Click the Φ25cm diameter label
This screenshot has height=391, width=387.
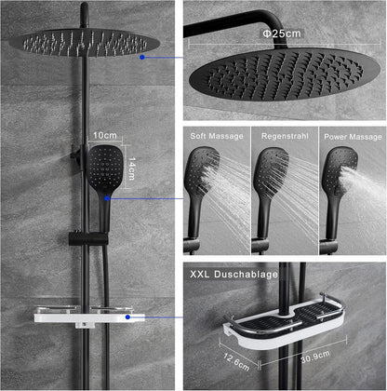(x=282, y=34)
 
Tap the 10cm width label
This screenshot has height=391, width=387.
(x=105, y=136)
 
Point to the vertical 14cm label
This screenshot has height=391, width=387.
(x=132, y=169)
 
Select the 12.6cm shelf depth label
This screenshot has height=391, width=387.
(x=236, y=361)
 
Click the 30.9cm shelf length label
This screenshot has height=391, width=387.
(x=315, y=357)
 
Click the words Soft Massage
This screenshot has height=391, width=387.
(x=217, y=136)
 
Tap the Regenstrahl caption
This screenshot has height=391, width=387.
(x=285, y=136)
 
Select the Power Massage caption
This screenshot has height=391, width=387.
(x=353, y=137)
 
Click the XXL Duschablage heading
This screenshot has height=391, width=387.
(x=234, y=275)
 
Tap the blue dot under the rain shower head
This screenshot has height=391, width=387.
(x=142, y=57)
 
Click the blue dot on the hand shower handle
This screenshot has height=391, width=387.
(x=107, y=198)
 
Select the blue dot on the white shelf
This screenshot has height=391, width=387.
(x=127, y=317)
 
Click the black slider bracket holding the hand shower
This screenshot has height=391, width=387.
(x=88, y=238)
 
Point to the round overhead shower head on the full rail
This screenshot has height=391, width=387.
(x=85, y=43)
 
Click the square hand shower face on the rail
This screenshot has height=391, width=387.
(x=104, y=168)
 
